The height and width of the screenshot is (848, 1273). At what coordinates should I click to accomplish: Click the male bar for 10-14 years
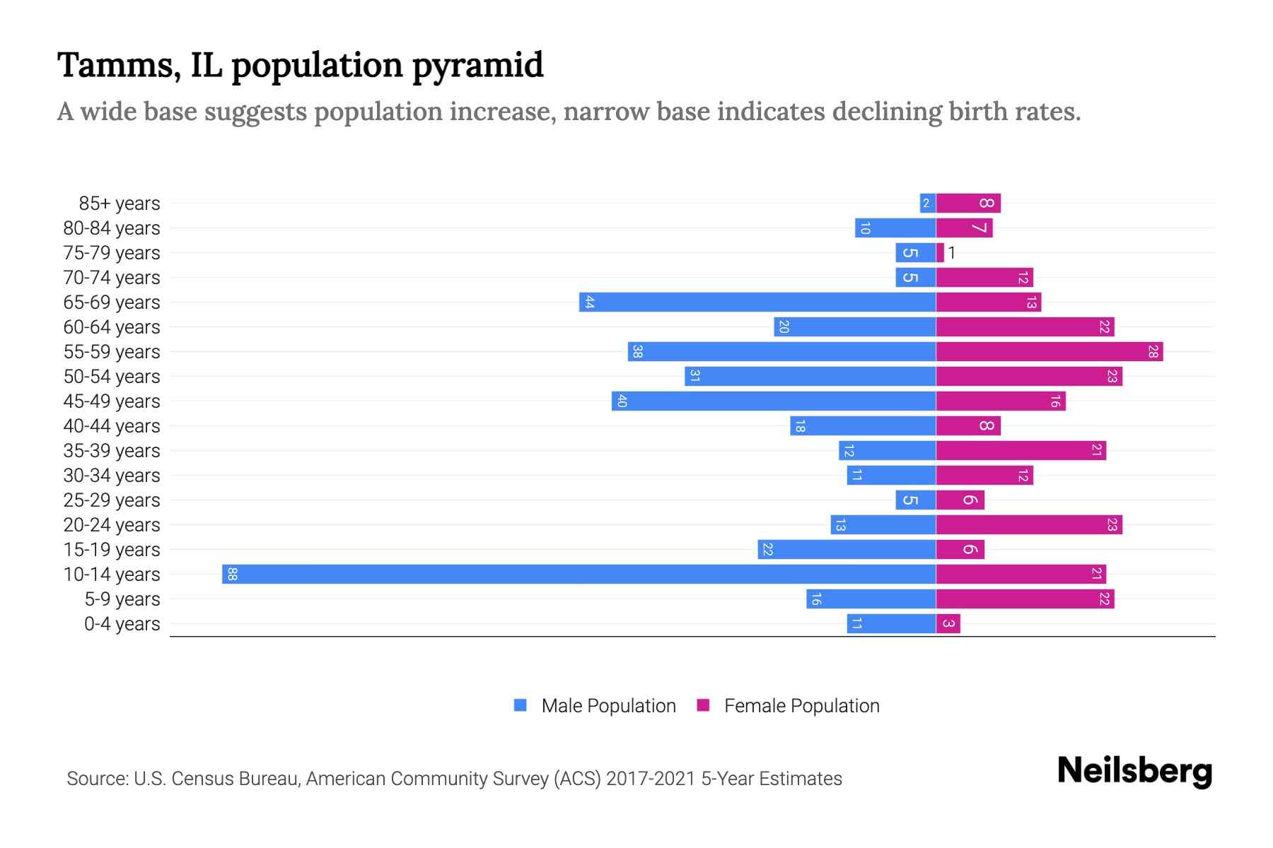[x=579, y=574]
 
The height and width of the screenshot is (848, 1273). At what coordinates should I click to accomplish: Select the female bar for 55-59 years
[x=1050, y=351]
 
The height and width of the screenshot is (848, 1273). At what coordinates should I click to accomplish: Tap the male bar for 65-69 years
[x=757, y=302]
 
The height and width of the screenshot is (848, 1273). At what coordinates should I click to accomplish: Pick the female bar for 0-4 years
[x=948, y=623]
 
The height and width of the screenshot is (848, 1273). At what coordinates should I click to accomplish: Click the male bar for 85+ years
[x=927, y=203]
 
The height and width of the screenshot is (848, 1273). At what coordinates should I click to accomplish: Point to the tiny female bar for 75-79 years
[x=940, y=252]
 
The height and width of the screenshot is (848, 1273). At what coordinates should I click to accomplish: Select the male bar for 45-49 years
[x=774, y=401]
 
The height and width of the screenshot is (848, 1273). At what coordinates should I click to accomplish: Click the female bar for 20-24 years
[x=1029, y=524]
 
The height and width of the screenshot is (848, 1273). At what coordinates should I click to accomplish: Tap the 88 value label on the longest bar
[x=232, y=574]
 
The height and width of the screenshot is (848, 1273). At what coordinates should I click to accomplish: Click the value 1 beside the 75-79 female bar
[x=952, y=252]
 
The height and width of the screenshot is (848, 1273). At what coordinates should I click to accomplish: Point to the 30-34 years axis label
[x=112, y=476]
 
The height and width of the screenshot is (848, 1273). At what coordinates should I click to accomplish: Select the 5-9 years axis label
[x=122, y=599]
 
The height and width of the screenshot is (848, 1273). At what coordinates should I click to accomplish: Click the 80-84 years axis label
[x=112, y=228]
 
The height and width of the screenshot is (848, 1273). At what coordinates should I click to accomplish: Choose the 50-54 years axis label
[x=112, y=377]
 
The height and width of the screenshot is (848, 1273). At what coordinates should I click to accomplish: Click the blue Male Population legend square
[x=521, y=705]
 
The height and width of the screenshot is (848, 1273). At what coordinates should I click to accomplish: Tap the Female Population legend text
[x=801, y=705]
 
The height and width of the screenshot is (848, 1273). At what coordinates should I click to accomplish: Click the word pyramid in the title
[x=477, y=66]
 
